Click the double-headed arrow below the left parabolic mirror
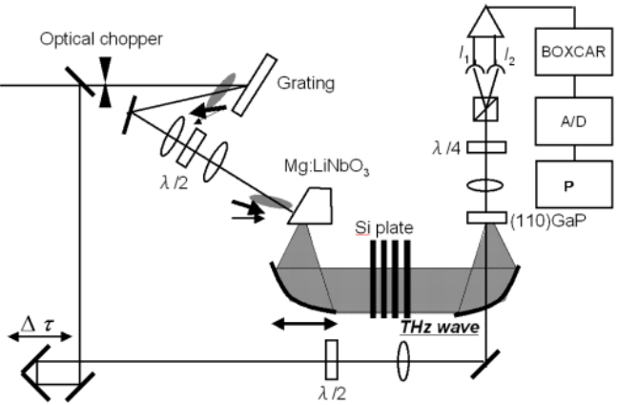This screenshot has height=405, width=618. click(x=303, y=325)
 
